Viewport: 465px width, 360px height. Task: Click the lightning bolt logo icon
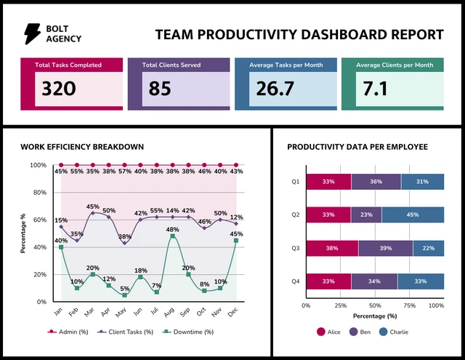click(33, 33)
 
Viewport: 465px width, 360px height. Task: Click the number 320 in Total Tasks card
click(59, 89)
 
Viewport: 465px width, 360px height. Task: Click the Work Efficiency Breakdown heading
click(82, 147)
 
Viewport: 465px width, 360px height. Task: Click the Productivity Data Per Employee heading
click(357, 147)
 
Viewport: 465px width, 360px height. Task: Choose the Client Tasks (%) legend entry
click(123, 332)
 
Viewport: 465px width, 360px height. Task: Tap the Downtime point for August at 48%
click(172, 236)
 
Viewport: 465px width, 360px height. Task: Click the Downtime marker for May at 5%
click(124, 295)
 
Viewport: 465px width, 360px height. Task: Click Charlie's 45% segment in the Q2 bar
click(412, 215)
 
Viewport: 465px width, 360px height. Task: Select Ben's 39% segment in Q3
click(385, 248)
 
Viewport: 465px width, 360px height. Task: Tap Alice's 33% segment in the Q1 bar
click(328, 182)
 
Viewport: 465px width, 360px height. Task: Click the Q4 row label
click(296, 281)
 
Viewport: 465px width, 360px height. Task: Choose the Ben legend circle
click(355, 332)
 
